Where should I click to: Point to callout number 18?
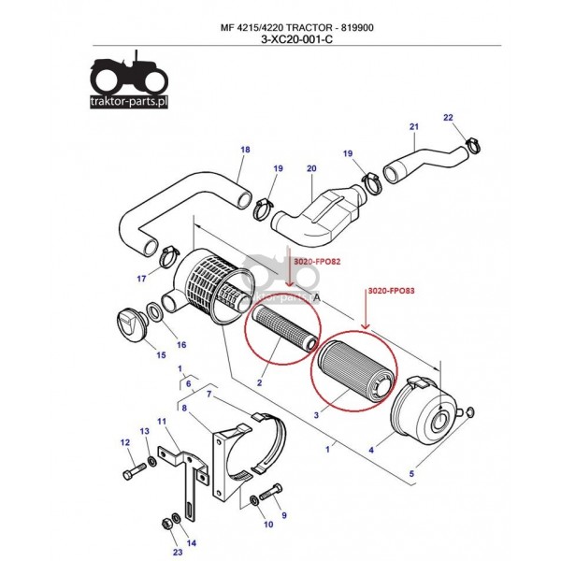click(x=245, y=150)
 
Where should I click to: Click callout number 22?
click(x=447, y=117)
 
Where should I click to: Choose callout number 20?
click(x=312, y=168)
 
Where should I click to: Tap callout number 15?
click(x=161, y=354)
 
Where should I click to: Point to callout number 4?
click(x=371, y=451)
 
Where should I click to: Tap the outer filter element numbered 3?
click(x=354, y=369)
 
